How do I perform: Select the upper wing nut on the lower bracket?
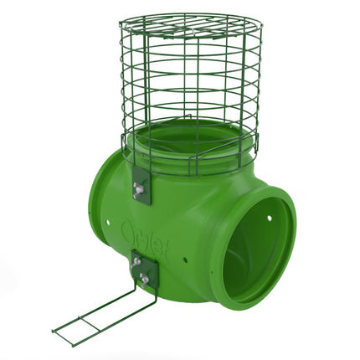click(136, 262)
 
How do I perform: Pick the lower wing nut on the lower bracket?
click(145, 277)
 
